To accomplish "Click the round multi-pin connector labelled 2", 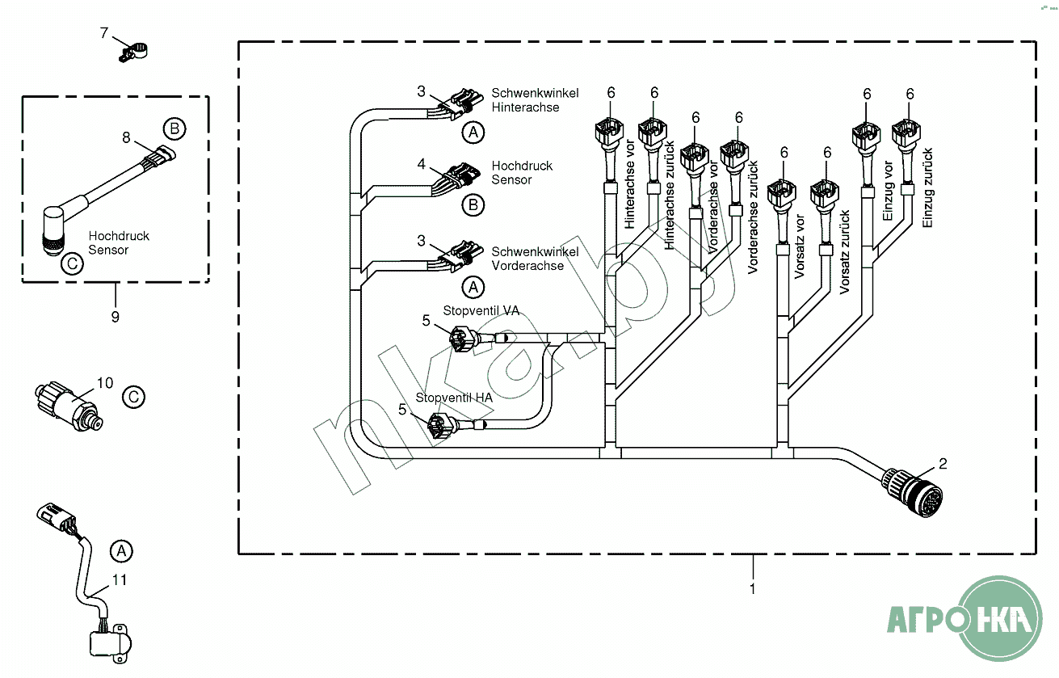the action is (913, 493).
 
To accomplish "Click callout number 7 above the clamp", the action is (104, 33).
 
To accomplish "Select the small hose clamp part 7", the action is (132, 53).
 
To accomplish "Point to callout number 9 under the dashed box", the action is (116, 317).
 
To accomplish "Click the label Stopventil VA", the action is (481, 310).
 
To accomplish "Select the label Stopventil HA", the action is (454, 398).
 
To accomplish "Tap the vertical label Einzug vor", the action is (888, 191).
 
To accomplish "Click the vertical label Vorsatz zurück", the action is (844, 252).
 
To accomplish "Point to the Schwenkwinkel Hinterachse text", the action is (535, 100).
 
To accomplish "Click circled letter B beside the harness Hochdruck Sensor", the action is (473, 205).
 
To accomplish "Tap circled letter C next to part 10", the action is (133, 397).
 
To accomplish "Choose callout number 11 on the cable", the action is (120, 580).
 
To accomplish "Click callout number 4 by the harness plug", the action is (421, 164).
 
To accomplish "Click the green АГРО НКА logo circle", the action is (999, 618).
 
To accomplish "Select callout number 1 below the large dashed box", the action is (753, 589).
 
